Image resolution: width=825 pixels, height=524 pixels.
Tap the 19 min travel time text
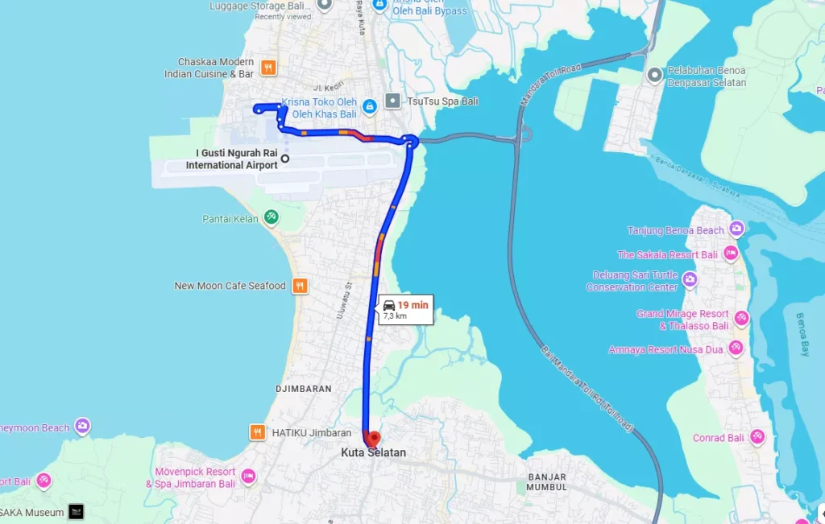412,304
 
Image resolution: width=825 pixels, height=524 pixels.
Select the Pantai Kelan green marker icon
272,217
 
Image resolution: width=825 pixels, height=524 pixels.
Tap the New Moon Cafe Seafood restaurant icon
300,285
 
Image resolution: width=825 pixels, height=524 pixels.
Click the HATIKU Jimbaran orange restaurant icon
258,432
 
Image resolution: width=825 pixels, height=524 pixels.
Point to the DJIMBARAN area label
304,389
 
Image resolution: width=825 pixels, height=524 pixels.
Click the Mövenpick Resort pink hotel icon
248,477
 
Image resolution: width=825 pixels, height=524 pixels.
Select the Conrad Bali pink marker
757,437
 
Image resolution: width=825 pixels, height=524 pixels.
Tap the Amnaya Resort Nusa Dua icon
735,348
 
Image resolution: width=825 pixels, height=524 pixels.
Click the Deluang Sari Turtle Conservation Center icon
690,280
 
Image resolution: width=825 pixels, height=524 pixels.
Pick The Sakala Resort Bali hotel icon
731,254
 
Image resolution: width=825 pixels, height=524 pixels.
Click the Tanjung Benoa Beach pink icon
737,229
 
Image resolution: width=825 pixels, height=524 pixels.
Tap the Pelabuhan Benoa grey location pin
655,76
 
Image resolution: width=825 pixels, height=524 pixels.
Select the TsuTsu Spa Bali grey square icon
392,101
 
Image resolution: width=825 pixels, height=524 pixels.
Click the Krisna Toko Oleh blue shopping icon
369,105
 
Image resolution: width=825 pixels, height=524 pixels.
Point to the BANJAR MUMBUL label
547,481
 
